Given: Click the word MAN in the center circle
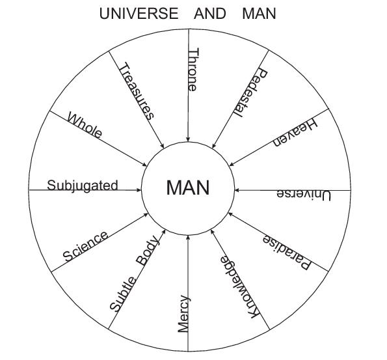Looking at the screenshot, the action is point(188,187).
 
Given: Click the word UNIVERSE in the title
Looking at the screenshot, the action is point(139,13).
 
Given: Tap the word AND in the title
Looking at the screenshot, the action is point(210,13).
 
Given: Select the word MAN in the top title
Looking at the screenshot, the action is point(259,13).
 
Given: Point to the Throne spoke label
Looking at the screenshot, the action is point(193,70).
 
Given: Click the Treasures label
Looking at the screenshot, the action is point(137,91).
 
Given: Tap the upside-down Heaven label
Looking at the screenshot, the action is point(295,133).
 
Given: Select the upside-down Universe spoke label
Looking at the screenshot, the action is point(304,195).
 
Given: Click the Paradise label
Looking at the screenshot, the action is point(286,252).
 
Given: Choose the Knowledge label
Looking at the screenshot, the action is point(239,287).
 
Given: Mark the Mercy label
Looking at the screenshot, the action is point(183,314).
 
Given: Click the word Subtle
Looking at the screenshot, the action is point(123,294).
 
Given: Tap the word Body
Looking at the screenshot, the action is point(147,250).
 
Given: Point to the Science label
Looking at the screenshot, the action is point(85,246).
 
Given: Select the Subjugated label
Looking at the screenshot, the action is point(83,186).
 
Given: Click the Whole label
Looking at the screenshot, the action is point(85,125).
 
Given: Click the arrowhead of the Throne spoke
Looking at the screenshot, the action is point(188,139).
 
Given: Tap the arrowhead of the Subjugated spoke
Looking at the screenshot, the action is point(139,190).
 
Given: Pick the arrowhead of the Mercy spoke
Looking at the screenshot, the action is point(188,238).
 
